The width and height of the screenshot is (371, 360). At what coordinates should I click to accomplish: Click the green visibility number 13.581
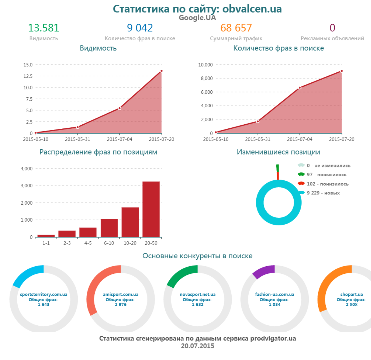tap(44, 28)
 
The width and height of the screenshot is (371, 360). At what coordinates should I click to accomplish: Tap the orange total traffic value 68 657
tap(236, 28)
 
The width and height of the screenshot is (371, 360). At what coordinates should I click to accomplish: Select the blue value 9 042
tap(140, 28)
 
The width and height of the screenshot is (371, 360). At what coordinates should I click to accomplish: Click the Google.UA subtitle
tap(197, 18)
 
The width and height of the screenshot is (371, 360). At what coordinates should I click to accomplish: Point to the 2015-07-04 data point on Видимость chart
tap(119, 108)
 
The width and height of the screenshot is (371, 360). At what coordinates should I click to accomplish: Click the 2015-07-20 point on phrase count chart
tap(341, 71)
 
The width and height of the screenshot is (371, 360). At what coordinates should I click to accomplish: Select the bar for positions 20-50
tap(151, 209)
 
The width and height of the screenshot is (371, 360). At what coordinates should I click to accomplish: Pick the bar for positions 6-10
tap(109, 228)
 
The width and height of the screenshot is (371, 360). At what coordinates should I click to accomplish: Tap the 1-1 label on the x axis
tap(46, 243)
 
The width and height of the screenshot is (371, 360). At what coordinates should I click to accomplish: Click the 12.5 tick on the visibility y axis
tap(28, 76)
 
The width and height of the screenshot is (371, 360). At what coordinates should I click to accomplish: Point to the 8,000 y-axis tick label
tap(207, 78)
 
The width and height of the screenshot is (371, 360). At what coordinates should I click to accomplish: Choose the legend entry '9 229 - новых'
tap(323, 193)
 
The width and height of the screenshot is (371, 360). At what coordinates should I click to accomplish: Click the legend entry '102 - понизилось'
tap(328, 184)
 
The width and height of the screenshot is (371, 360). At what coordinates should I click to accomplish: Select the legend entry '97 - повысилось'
tap(326, 175)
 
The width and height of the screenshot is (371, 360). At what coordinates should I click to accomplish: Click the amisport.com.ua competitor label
tap(121, 295)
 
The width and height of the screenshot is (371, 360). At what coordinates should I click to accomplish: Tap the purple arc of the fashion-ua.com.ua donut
tap(262, 272)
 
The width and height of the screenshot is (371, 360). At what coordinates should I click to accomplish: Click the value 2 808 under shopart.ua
tap(352, 304)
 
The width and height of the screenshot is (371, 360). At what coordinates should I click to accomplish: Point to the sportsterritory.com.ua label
tap(44, 295)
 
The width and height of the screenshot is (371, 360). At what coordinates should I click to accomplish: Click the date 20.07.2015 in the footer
tap(197, 346)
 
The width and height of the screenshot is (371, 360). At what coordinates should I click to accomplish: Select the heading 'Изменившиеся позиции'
tap(278, 152)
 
